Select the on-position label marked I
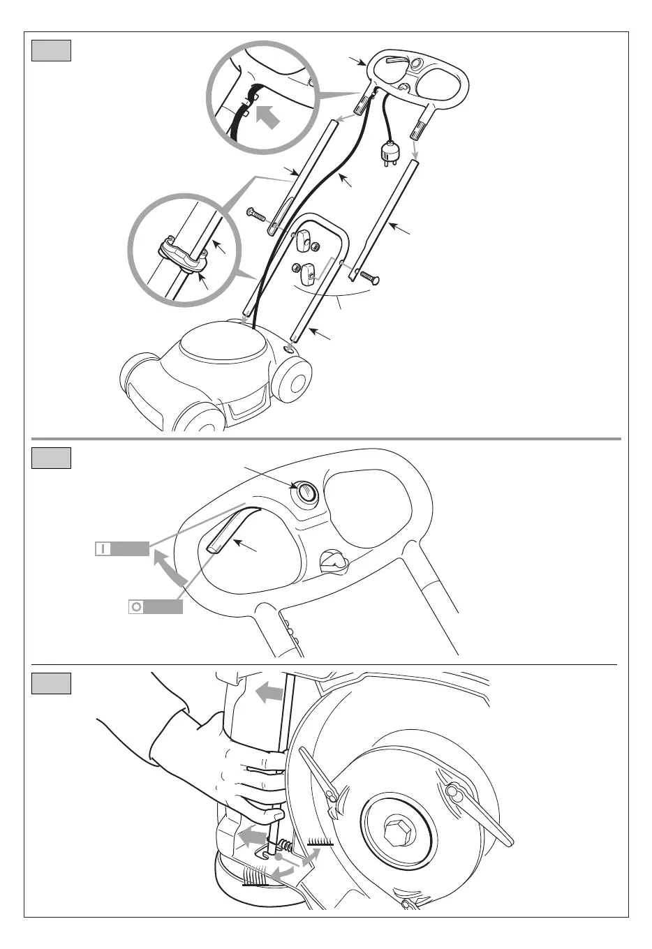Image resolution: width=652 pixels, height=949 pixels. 122,548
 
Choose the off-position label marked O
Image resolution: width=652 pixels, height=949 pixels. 156,606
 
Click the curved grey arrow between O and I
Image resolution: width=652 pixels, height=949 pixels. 169,567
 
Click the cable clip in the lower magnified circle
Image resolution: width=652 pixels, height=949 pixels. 184,255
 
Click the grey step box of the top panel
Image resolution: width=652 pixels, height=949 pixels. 51,51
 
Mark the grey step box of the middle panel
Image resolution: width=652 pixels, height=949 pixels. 51,458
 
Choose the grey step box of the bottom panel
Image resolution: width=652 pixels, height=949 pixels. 51,684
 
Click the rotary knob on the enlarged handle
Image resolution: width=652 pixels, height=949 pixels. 333,560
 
